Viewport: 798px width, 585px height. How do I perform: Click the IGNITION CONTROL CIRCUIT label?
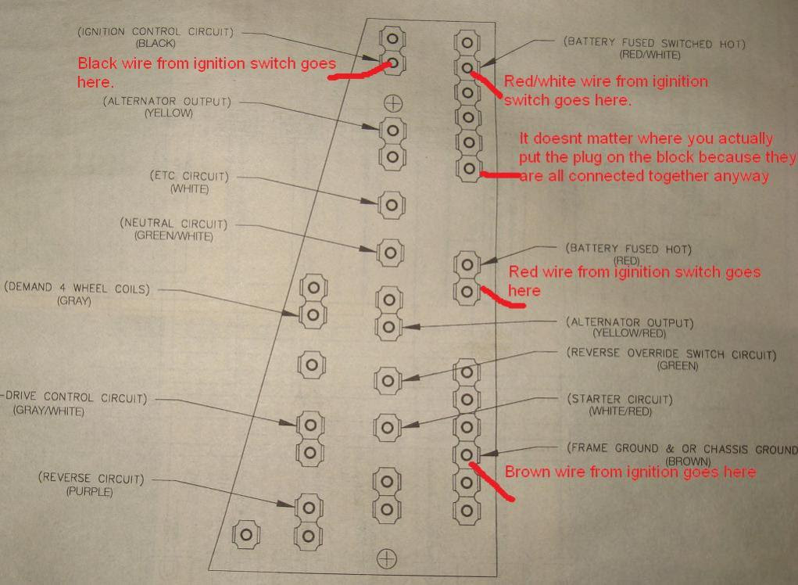[159, 32]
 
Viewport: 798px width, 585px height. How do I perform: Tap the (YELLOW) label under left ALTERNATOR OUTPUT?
[168, 113]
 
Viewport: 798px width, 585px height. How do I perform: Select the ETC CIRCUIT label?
[180, 177]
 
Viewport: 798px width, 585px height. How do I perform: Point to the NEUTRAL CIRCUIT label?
[173, 224]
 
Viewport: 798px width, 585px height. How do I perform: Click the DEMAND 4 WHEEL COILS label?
[75, 288]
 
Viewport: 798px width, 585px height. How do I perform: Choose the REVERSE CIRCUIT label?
[91, 479]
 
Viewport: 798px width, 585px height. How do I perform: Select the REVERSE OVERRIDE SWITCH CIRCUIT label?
[671, 354]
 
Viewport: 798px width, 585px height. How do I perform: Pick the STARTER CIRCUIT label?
[620, 400]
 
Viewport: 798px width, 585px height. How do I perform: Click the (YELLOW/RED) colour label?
[629, 334]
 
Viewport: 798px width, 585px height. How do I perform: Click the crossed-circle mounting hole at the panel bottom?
[387, 558]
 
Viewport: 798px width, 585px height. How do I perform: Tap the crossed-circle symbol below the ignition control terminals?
[392, 102]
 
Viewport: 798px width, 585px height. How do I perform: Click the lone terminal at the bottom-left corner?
[247, 534]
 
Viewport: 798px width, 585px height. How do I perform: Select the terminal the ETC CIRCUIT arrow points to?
[391, 205]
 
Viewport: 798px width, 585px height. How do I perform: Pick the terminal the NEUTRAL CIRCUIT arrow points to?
[391, 252]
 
